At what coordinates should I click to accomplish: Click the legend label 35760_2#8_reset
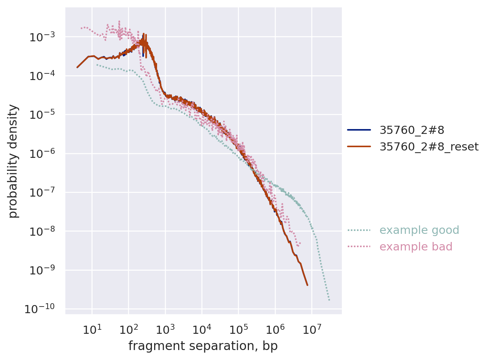[x=429, y=147]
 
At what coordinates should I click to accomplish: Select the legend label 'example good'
[x=419, y=230]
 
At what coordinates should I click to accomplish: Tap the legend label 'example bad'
[x=416, y=247]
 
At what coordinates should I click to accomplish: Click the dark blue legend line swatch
[x=359, y=130]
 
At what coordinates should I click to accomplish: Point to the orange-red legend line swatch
[x=359, y=147]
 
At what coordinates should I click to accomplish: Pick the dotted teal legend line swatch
[x=359, y=230]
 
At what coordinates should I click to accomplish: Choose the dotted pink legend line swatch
[x=359, y=247]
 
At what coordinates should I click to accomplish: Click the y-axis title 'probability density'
[x=13, y=161]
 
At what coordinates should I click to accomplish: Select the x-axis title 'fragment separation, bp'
[x=203, y=346]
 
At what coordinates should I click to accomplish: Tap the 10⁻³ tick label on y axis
[x=40, y=37]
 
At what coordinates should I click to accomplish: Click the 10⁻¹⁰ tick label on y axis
[x=39, y=309]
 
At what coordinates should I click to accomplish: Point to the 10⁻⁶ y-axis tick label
[x=40, y=153]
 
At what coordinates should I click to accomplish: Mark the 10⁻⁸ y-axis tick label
[x=40, y=231]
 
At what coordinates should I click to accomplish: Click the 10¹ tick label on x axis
[x=92, y=329]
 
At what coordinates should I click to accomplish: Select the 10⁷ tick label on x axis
[x=312, y=329]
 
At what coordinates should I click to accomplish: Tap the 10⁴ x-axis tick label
[x=202, y=329]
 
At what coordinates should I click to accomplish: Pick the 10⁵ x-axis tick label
[x=238, y=329]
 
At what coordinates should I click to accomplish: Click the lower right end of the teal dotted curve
[x=329, y=300]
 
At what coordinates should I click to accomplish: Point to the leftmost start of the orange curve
[x=77, y=67]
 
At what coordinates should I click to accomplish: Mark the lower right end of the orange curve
[x=308, y=285]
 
